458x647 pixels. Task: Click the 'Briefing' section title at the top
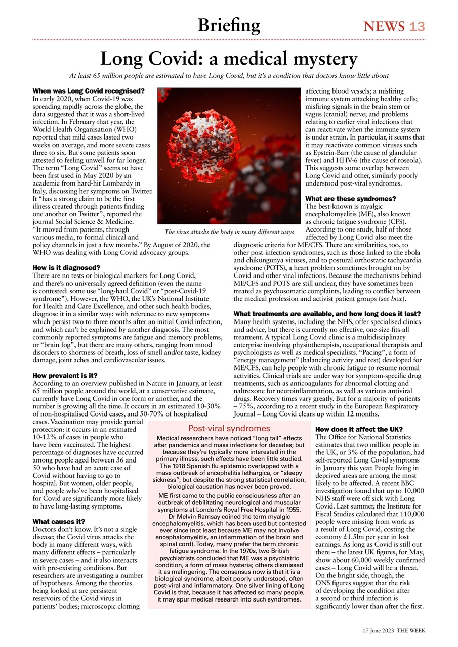click(x=229, y=25)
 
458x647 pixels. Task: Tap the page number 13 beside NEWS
click(x=418, y=26)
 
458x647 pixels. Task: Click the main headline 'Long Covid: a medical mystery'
click(x=229, y=59)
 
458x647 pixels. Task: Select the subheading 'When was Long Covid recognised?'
click(x=89, y=91)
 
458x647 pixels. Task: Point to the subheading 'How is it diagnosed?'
click(x=66, y=267)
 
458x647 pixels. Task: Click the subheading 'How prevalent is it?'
click(x=65, y=376)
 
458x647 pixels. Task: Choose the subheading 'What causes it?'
click(x=59, y=521)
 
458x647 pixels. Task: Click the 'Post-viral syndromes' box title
click(x=229, y=429)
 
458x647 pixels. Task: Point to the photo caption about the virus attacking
click(x=229, y=232)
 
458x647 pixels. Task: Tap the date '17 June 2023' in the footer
click(x=378, y=632)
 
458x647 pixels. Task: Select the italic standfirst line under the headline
click(x=229, y=76)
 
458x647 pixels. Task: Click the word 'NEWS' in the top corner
click(x=384, y=26)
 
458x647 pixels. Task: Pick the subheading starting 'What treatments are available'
click(x=327, y=314)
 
